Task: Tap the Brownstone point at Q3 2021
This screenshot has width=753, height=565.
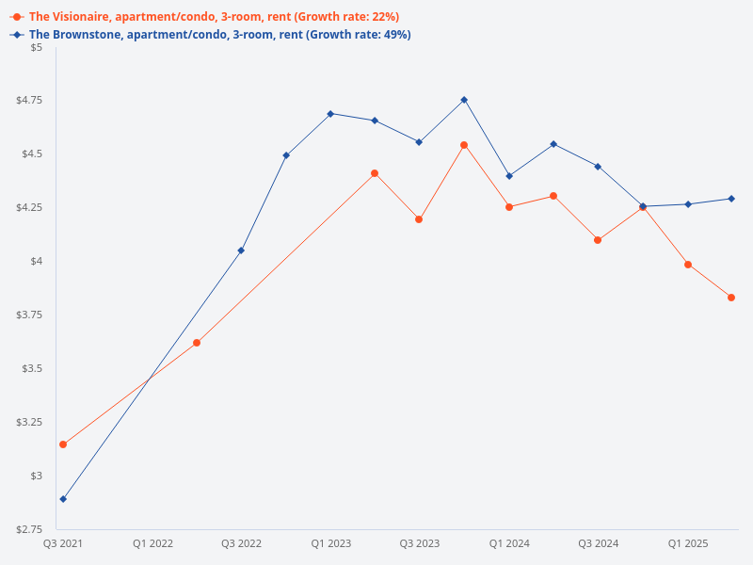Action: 63,499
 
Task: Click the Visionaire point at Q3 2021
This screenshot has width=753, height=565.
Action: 63,444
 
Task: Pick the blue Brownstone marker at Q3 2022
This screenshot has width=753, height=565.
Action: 241,250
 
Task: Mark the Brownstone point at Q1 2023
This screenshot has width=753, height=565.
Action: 330,114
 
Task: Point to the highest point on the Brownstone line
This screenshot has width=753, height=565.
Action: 464,100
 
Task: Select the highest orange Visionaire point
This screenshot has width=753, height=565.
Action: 464,145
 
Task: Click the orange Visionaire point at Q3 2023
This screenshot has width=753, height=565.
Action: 419,219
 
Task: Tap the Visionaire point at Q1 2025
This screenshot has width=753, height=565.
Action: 688,265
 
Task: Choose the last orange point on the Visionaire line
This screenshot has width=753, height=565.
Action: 731,298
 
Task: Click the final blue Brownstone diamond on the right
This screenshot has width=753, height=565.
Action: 731,199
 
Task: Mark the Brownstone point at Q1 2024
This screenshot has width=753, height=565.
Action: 509,176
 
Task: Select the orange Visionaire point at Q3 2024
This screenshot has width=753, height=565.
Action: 598,240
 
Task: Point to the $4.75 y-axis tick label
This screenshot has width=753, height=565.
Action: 29,101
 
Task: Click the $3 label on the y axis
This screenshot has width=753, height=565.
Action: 35,476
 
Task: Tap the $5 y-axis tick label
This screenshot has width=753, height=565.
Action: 35,47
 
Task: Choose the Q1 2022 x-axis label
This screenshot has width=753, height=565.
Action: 152,543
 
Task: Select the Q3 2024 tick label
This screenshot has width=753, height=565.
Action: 598,543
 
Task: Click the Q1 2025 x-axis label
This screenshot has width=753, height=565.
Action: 688,543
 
